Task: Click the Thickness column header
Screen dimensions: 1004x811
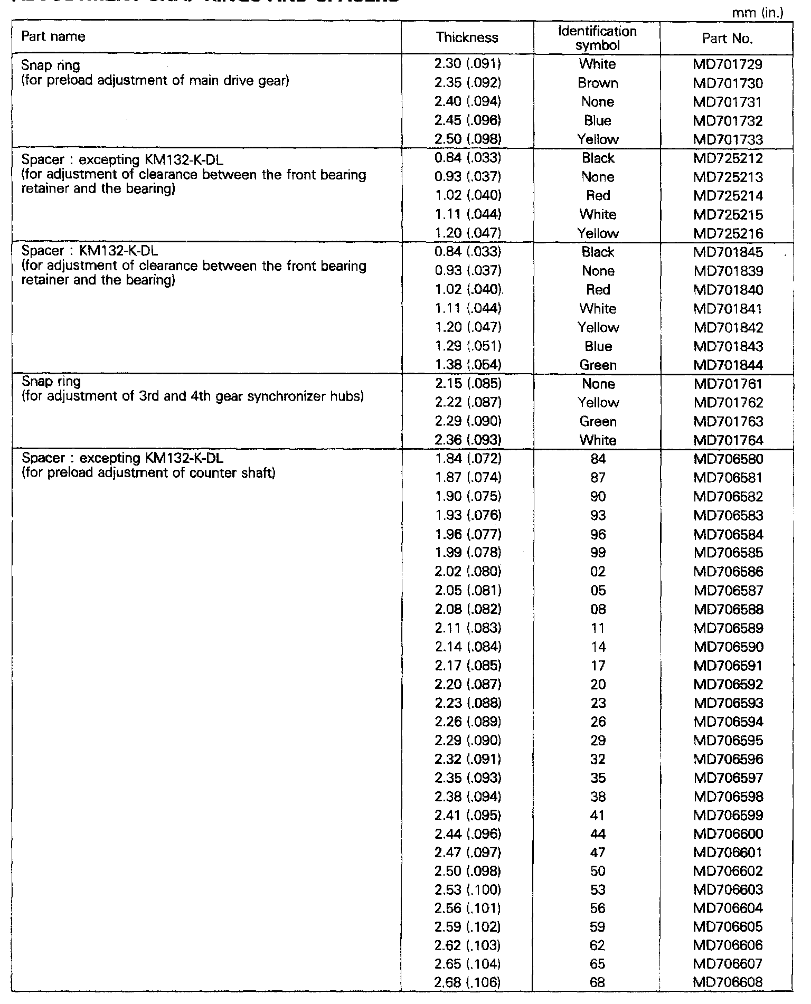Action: click(x=467, y=37)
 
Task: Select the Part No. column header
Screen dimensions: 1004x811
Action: click(x=727, y=39)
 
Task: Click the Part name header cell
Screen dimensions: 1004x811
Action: click(x=53, y=36)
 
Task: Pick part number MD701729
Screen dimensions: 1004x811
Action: click(x=728, y=65)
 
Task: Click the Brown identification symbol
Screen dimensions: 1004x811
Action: click(x=598, y=83)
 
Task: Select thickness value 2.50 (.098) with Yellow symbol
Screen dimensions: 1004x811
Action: click(x=467, y=140)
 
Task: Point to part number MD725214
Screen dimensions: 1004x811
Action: click(x=728, y=196)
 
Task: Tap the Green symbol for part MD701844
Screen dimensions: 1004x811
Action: click(x=598, y=365)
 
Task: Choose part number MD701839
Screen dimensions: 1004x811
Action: click(x=728, y=271)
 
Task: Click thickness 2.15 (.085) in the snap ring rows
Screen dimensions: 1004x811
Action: click(x=467, y=384)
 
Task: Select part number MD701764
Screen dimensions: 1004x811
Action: click(x=728, y=440)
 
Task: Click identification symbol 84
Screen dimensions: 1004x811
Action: click(x=598, y=459)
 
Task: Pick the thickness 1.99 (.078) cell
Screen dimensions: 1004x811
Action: click(x=467, y=553)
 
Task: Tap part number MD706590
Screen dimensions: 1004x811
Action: click(x=728, y=647)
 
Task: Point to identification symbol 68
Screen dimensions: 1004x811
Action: click(x=598, y=983)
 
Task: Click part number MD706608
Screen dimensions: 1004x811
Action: click(x=728, y=983)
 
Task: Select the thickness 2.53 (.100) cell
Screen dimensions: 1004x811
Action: click(x=467, y=890)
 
